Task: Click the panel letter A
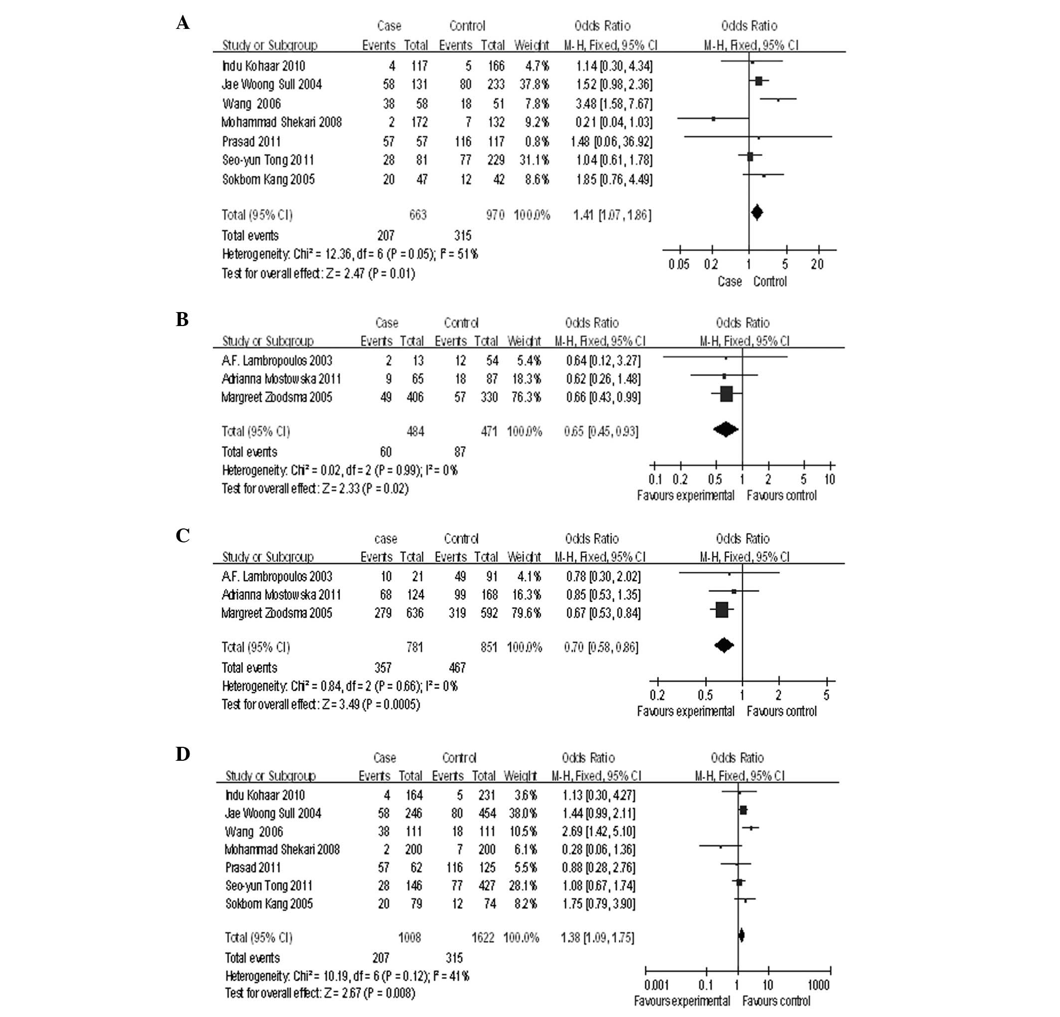point(183,23)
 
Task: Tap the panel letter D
point(183,754)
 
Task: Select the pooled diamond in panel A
point(756,212)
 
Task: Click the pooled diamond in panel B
point(725,430)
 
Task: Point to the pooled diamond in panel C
point(723,645)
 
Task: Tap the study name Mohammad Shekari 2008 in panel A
point(282,122)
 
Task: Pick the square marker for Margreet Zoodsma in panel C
point(721,610)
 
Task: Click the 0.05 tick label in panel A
point(679,264)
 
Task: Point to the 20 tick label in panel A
point(817,264)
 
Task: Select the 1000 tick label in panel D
point(818,985)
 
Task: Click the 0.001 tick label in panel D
point(657,985)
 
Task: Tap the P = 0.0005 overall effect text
point(392,704)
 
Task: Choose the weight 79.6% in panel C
point(525,613)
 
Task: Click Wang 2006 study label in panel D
point(254,832)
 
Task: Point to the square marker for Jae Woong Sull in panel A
point(758,81)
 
